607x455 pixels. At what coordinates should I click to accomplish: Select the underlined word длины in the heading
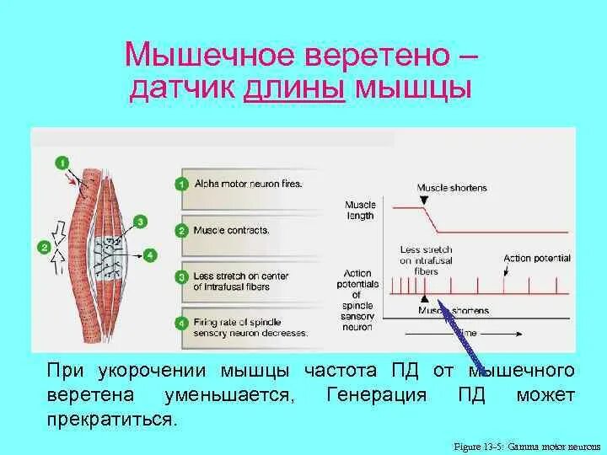pyautogui.click(x=295, y=88)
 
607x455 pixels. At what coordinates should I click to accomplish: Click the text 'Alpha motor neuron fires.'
pyautogui.click(x=248, y=183)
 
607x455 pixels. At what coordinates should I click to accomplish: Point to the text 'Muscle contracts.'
pyautogui.click(x=233, y=229)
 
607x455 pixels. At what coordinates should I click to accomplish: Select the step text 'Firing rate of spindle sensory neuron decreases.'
pyautogui.click(x=250, y=327)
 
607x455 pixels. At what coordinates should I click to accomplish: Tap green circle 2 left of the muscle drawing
pyautogui.click(x=44, y=247)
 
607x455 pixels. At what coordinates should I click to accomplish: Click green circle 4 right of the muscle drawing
pyautogui.click(x=149, y=254)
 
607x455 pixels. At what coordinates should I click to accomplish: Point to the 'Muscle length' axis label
pyautogui.click(x=359, y=209)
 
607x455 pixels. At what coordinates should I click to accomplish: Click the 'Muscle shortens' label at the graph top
pyautogui.click(x=452, y=187)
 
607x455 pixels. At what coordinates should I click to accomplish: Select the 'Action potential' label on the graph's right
pyautogui.click(x=537, y=258)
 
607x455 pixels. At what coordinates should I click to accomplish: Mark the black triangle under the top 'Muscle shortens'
pyautogui.click(x=423, y=201)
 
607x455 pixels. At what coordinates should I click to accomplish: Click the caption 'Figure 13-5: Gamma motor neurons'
pyautogui.click(x=525, y=445)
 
